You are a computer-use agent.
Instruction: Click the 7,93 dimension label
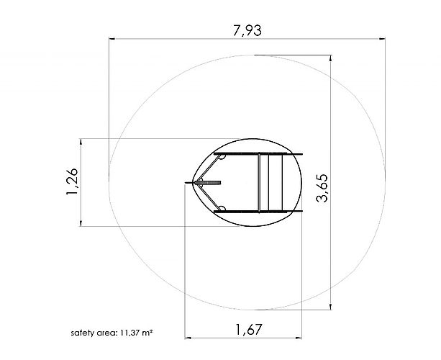click(247, 30)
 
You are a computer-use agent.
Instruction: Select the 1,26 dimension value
click(72, 181)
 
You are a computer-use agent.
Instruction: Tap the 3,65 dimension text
click(322, 188)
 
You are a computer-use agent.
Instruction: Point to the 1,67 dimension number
click(248, 329)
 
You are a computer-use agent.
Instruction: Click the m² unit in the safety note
click(147, 333)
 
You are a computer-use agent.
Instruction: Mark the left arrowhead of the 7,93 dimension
click(112, 38)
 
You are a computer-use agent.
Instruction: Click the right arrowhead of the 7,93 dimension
click(382, 38)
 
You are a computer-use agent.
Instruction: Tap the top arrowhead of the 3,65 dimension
click(330, 58)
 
